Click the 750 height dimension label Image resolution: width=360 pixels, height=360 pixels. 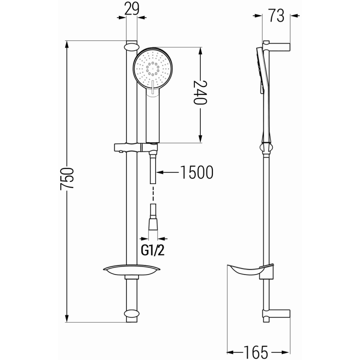[67, 180]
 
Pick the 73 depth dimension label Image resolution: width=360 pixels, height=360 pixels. [277, 16]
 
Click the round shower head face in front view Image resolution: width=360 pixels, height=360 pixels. [153, 67]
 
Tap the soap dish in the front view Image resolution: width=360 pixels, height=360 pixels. [131, 270]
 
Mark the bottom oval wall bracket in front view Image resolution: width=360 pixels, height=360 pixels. [131, 314]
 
